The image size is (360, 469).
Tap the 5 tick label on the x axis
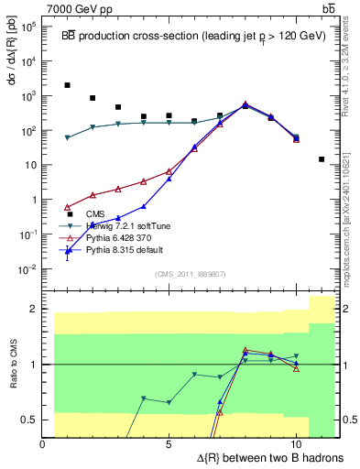[x=169, y=445]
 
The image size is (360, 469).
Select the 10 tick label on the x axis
[x=296, y=445]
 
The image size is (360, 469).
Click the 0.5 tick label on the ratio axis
[x=28, y=420]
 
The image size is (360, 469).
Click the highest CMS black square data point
[x=68, y=85]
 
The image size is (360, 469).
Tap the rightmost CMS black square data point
[x=322, y=159]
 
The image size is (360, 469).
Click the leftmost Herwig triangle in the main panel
[x=68, y=137]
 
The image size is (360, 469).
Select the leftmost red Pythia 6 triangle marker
[x=68, y=206]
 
